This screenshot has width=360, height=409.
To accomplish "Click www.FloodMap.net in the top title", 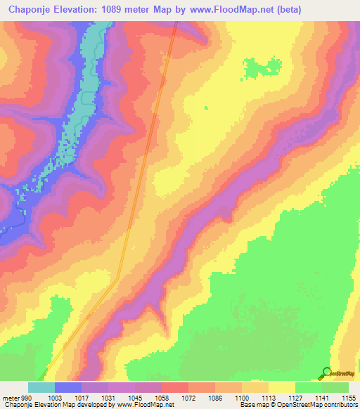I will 243,9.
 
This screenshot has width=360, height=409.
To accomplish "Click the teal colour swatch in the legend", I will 41,387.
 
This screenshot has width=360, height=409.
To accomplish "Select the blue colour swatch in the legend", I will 68,387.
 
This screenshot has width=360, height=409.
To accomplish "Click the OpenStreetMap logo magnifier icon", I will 326,372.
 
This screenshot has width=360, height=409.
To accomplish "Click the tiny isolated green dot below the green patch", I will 206,108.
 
